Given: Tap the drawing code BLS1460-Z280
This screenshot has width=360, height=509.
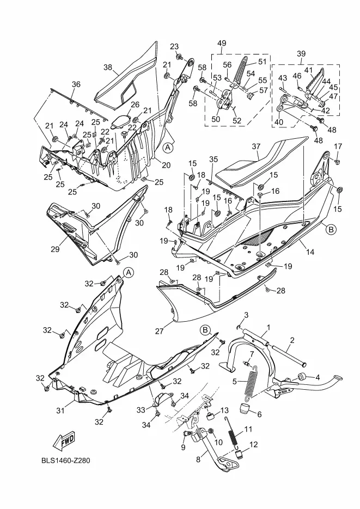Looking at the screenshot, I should point(66,460).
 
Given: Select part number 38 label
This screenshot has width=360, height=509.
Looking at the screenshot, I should point(108,68).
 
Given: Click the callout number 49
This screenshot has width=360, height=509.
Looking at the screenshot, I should point(222,43).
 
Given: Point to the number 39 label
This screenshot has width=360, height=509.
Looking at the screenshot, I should point(301,54).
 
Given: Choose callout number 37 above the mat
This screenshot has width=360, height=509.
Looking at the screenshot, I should point(256,146).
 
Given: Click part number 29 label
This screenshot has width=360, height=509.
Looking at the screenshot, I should point(55,249).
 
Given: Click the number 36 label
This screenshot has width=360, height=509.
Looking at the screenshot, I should point(76,84).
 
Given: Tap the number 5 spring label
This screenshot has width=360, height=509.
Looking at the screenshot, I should point(235,382).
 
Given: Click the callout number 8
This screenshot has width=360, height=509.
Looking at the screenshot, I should point(198,459).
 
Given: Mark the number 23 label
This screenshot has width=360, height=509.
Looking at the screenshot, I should point(174,46).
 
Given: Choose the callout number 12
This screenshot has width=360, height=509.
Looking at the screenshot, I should point(253,444).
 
